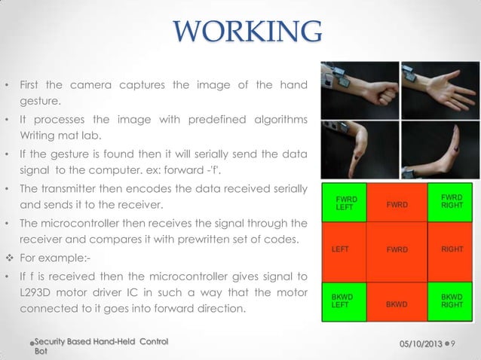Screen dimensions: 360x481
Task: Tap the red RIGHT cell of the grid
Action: pyautogui.click(x=450, y=248)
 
